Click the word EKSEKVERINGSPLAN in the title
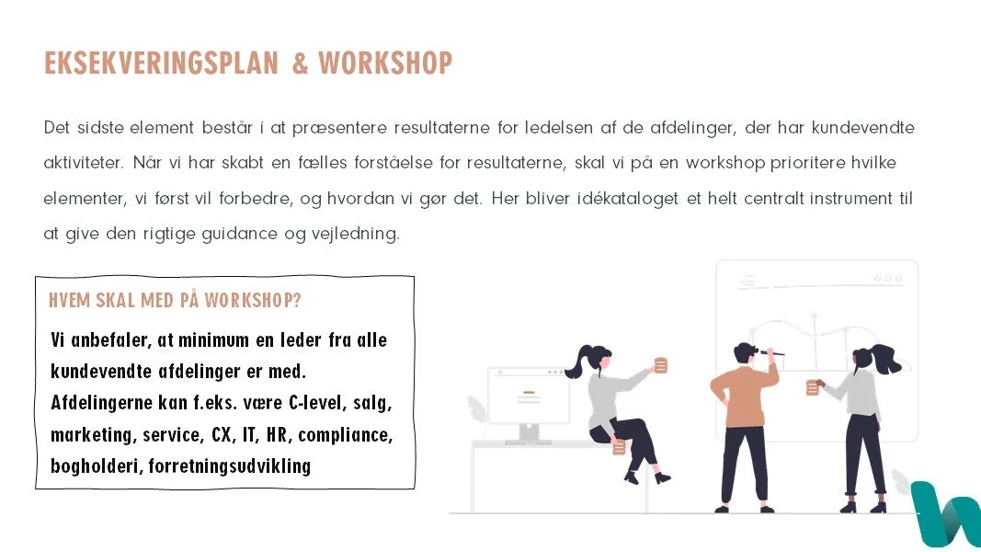click(161, 63)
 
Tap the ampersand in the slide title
click(300, 63)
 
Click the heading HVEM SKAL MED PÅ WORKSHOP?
click(175, 301)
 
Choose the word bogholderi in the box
click(96, 466)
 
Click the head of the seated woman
click(597, 359)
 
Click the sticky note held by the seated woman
click(660, 365)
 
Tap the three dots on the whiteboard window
click(888, 278)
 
